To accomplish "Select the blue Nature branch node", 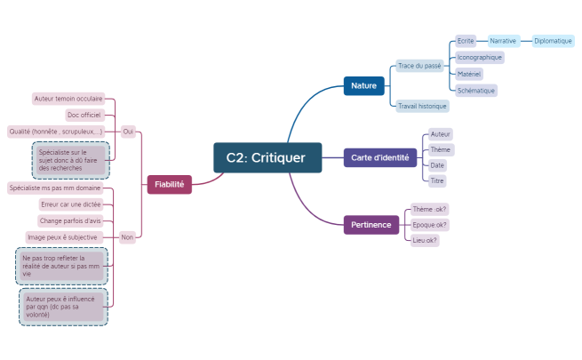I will coord(363,86).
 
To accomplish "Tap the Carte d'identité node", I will coord(379,157).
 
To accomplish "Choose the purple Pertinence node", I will coord(371,225).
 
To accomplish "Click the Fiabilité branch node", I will coord(169,184).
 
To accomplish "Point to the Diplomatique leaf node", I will coord(553,41).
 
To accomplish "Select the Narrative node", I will coord(503,41).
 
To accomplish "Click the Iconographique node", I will coord(479,57).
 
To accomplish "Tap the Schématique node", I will coord(475,90).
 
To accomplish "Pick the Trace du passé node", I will coord(419,66).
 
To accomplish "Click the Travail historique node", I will coord(422,106).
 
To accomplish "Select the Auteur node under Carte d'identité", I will coord(440,133).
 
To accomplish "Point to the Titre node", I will coord(436,180).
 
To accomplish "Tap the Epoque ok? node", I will coord(430,224).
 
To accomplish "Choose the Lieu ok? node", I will coord(425,239).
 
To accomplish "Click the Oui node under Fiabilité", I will coord(128,131).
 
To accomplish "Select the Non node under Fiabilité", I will coord(127,236).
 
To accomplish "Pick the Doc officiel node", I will coord(84,115).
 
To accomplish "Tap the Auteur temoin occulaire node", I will coord(68,99).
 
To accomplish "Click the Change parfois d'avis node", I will coord(70,220).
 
